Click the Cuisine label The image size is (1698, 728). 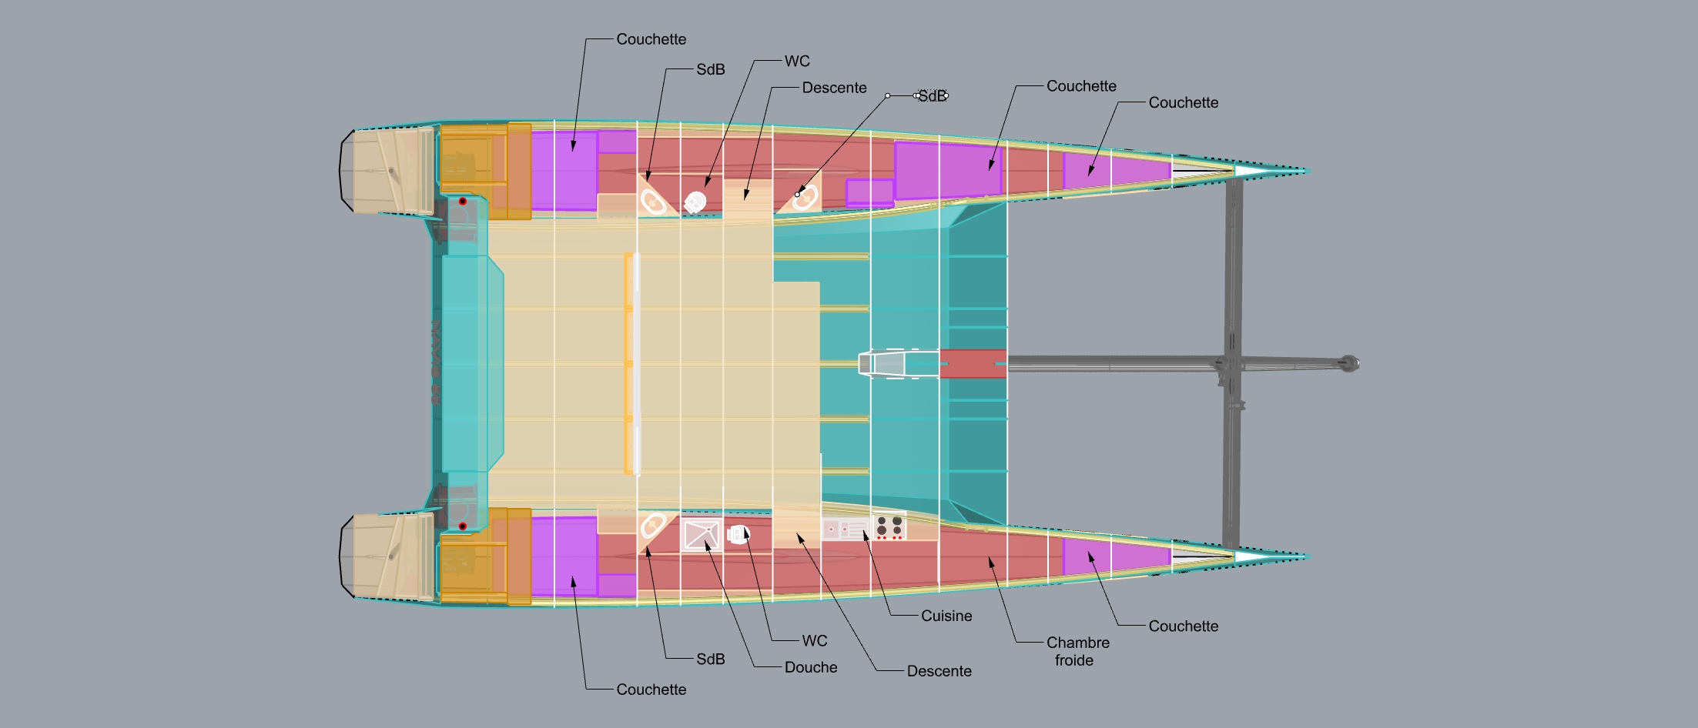point(946,616)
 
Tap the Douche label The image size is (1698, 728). point(810,667)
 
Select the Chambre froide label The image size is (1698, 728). point(1077,651)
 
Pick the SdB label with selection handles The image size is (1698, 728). point(932,96)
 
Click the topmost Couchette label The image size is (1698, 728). point(651,39)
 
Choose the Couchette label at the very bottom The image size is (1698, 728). point(651,690)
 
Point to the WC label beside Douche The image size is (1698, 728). point(814,640)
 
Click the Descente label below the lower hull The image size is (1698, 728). point(939,671)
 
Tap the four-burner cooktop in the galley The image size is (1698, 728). point(889,527)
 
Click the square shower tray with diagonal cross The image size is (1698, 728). point(701,535)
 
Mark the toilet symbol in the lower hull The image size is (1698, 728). point(738,534)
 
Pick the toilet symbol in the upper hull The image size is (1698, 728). point(695,202)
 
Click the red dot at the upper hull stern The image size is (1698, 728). point(463,202)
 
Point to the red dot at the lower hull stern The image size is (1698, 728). point(463,526)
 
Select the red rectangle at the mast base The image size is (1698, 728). point(973,363)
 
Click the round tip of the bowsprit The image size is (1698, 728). point(1348,363)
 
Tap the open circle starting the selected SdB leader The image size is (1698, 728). point(888,95)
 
